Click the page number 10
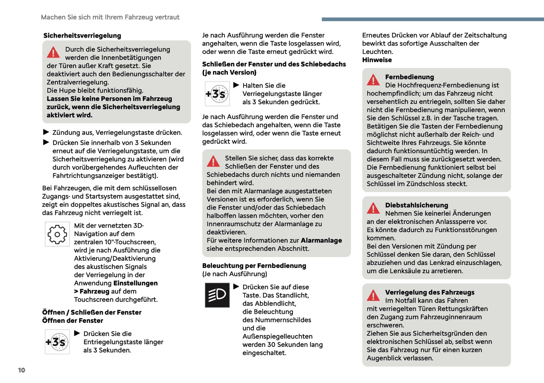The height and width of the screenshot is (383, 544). coord(21,370)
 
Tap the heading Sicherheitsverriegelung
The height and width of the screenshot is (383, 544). coord(82,36)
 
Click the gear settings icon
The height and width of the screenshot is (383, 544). coord(57,234)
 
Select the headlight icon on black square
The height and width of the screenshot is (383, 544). coord(217,295)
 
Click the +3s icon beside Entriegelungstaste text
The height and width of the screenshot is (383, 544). coord(57,342)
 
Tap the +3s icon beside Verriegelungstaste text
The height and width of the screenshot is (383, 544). coord(217,94)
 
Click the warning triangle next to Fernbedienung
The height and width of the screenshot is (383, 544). coord(373,80)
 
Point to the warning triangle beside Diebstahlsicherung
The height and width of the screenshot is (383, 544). coord(373,208)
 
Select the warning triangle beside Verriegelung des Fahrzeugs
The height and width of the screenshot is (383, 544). coord(373,296)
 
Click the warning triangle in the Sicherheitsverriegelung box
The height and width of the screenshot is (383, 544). coord(53,53)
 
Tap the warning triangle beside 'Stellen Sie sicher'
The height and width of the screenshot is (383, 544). coord(213,161)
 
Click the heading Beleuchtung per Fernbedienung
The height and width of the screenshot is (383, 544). coord(254,266)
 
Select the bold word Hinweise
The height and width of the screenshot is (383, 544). coord(377,60)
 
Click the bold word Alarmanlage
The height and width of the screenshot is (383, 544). coord(321,240)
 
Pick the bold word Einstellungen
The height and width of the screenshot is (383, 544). coord(136,283)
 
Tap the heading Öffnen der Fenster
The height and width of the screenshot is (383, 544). coord(73,321)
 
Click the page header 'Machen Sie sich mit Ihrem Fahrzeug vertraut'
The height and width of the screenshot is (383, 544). coord(110,17)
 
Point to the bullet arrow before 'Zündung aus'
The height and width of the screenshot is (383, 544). coord(46,132)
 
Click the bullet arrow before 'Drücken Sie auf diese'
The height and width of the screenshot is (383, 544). coord(236,287)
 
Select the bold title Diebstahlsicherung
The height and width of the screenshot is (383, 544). coord(416,205)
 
